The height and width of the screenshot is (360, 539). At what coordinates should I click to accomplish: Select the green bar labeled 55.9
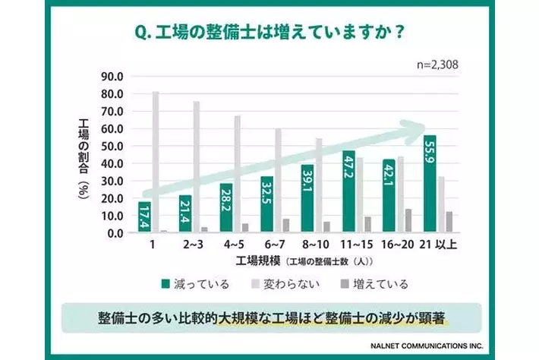pos(430,184)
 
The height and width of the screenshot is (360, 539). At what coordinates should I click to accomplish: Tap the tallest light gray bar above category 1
pos(155,162)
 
